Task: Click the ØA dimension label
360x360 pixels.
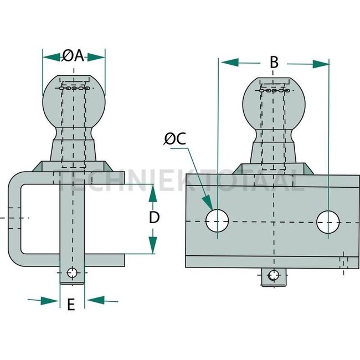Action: click(x=73, y=56)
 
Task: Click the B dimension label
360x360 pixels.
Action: click(x=274, y=63)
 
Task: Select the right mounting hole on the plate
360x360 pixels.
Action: click(x=328, y=222)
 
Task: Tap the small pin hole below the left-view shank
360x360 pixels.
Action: click(x=71, y=273)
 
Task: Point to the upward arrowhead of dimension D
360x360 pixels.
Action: click(x=150, y=189)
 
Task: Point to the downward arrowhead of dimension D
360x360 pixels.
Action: click(x=150, y=249)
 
